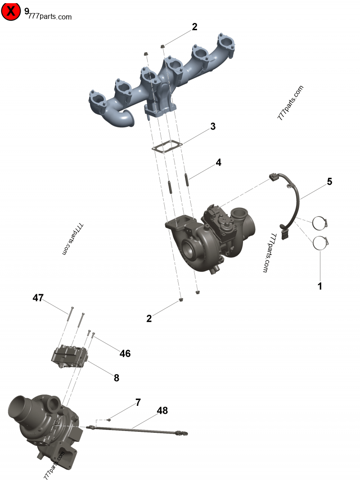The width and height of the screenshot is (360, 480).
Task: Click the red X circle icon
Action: (x=11, y=11)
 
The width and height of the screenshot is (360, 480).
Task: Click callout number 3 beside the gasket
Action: (x=213, y=126)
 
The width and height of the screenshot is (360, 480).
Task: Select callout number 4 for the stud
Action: (x=218, y=162)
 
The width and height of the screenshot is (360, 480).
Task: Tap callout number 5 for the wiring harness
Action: (x=329, y=182)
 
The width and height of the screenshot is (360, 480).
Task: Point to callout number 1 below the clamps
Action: (x=320, y=286)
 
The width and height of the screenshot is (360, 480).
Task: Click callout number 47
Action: (x=38, y=297)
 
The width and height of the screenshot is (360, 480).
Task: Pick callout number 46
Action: (x=125, y=354)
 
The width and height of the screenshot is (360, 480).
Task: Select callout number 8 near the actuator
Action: (x=117, y=378)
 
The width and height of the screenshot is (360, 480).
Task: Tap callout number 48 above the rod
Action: (x=162, y=411)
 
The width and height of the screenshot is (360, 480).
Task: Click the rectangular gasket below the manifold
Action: (x=166, y=147)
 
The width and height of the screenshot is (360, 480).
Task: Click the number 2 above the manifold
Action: (x=194, y=27)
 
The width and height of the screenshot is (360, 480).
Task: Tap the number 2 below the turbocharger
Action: (x=149, y=319)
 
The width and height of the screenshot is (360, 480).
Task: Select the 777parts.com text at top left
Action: (x=49, y=17)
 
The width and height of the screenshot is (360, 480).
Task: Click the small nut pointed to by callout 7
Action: (x=109, y=419)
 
